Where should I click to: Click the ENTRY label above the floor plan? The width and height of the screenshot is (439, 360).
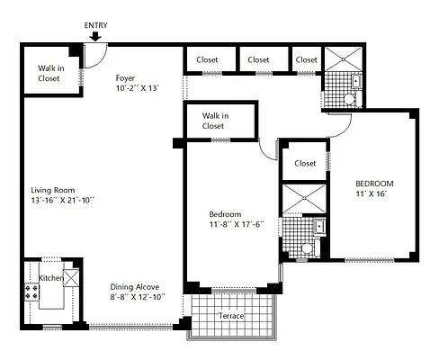tap(95, 25)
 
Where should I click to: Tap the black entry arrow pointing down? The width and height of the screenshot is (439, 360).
tap(95, 37)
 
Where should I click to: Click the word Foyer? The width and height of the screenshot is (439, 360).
tap(125, 77)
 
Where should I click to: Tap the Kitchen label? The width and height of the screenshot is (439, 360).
tap(50, 279)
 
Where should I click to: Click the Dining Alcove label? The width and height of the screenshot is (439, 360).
tap(136, 286)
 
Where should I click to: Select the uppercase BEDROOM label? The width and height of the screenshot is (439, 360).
tap(373, 184)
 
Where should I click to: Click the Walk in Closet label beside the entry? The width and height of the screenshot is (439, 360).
tap(49, 73)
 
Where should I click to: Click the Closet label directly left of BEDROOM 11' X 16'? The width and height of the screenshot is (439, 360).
tap(305, 164)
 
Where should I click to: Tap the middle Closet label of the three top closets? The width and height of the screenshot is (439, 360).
tap(258, 60)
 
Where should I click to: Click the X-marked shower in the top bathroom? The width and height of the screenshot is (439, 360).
tap(342, 60)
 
